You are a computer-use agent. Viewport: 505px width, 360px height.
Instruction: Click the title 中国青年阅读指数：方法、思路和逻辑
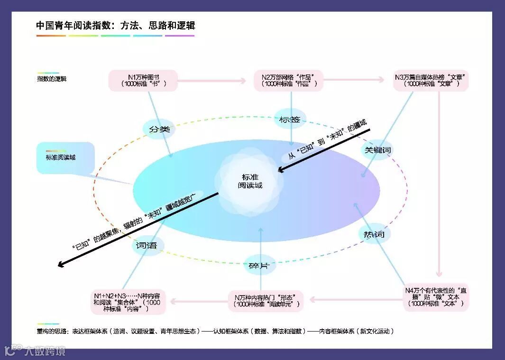tap(115, 26)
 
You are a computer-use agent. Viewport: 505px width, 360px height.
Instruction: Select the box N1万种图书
tap(143, 80)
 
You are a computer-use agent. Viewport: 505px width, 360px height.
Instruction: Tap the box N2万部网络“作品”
tap(288, 80)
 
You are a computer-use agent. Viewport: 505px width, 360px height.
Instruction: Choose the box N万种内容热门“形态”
tap(266, 301)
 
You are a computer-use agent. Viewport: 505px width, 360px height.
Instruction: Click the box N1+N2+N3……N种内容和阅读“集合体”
tap(129, 301)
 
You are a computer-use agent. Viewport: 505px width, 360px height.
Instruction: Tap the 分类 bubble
tap(159, 129)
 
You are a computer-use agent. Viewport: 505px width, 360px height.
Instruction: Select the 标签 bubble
tap(290, 120)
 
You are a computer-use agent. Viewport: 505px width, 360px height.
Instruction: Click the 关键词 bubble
tap(377, 150)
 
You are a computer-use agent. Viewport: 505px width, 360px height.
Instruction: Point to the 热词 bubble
tap(374, 234)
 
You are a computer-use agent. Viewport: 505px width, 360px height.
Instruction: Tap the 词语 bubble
tap(147, 246)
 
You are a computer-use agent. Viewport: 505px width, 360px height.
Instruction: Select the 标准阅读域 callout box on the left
tap(65, 157)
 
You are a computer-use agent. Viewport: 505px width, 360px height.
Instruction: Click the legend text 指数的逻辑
tap(52, 79)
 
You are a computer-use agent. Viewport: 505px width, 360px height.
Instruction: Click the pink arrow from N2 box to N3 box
tap(353, 80)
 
